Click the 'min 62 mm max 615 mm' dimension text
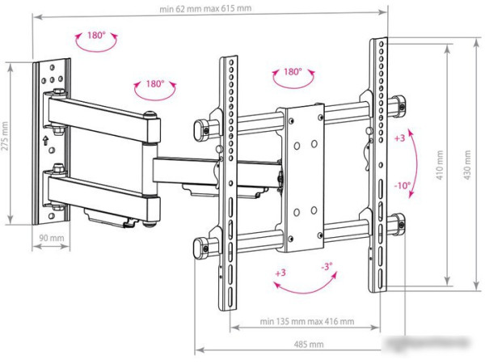coord(205,9)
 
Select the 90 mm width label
coord(50,239)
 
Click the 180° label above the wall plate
coord(95,37)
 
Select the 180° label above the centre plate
coord(293,72)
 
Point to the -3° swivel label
coord(326,267)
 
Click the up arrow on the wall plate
coord(46,138)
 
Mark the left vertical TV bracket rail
coord(229,170)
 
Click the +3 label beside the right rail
coord(399,138)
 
